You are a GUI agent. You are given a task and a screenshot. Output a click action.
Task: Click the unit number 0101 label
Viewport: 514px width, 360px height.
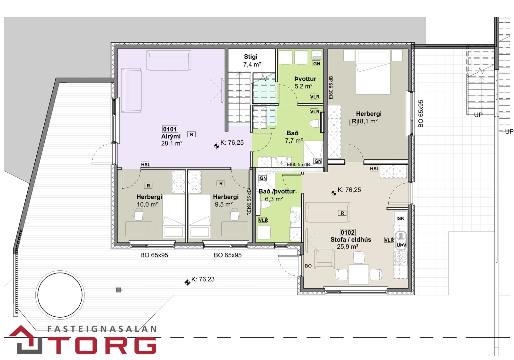click(170, 129)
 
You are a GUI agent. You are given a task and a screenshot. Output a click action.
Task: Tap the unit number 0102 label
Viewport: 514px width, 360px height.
click(348, 232)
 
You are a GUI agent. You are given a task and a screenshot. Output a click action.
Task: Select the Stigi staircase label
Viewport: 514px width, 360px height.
click(251, 57)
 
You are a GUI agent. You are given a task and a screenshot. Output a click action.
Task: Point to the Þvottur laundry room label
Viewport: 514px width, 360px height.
click(305, 79)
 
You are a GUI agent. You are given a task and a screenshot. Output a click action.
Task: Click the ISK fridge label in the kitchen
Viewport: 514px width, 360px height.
click(400, 218)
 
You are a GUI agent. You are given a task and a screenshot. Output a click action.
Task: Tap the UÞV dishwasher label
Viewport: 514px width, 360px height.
click(401, 245)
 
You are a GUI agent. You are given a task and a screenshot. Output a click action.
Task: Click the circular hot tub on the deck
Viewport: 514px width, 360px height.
click(60, 295)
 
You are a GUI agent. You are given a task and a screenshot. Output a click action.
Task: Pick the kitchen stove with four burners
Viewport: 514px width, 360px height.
click(401, 258)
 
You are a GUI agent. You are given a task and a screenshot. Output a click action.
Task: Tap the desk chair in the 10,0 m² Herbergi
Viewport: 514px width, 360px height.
click(138, 214)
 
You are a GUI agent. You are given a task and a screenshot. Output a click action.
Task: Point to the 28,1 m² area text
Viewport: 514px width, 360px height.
click(172, 143)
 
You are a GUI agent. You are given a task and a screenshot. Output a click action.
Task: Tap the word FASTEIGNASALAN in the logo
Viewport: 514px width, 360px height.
click(102, 329)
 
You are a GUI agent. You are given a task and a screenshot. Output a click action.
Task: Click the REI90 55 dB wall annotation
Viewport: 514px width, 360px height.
click(249, 202)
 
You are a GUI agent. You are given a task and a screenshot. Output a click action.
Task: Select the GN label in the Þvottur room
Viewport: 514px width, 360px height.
click(316, 64)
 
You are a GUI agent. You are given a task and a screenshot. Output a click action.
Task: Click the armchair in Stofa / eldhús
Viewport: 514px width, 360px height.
click(324, 259)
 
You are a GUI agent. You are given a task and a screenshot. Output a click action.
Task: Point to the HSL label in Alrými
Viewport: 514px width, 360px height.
click(146, 165)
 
